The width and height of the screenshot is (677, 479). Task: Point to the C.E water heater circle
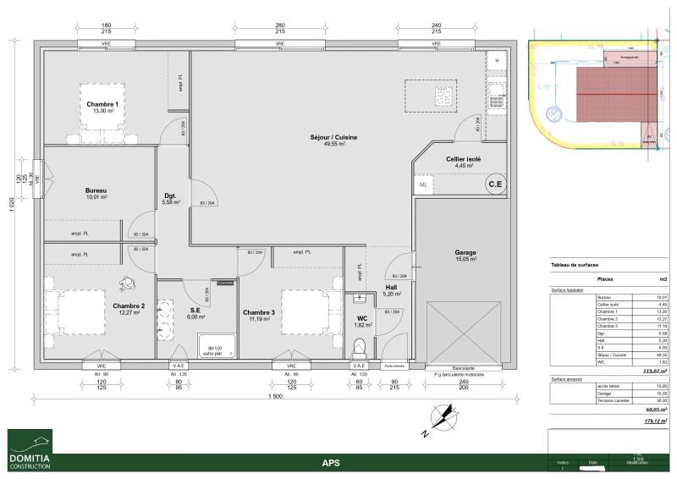point(494,184)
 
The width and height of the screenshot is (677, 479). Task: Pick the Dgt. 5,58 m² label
point(171,199)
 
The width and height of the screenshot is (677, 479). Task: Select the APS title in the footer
point(331,463)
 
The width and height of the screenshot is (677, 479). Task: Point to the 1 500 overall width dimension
point(273,396)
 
